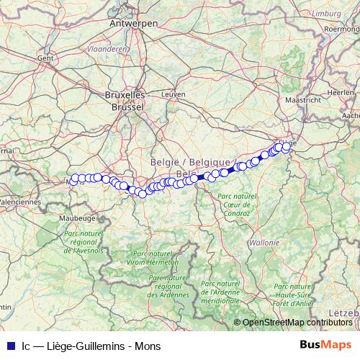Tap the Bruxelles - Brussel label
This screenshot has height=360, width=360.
[125, 100]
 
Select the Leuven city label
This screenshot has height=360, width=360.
[174, 94]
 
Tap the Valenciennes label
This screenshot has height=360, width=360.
[19, 202]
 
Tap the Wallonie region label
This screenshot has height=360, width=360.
[264, 243]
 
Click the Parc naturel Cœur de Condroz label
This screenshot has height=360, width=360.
[235, 204]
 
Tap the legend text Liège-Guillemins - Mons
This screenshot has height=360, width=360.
[101, 343]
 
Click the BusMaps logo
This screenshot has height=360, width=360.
[326, 343]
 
